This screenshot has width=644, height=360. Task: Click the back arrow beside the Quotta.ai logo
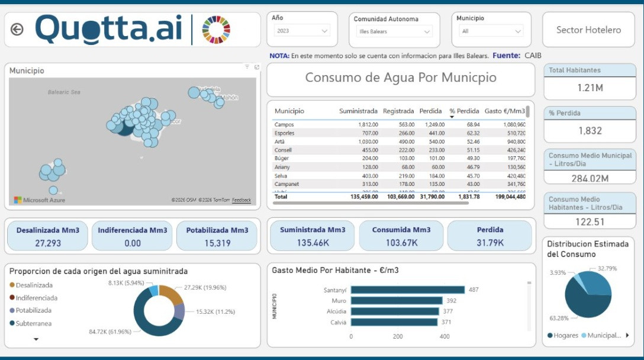pyautogui.click(x=17, y=30)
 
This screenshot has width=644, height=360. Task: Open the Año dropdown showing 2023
pyautogui.click(x=301, y=31)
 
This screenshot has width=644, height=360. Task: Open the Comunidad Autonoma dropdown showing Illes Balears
pyautogui.click(x=395, y=31)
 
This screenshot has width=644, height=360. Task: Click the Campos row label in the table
pyautogui.click(x=284, y=125)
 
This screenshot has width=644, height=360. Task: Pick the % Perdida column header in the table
pyautogui.click(x=464, y=111)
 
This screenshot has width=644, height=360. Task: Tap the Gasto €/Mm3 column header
pyautogui.click(x=505, y=111)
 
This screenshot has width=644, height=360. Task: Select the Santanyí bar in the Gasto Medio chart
pyautogui.click(x=407, y=290)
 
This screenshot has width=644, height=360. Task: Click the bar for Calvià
pyautogui.click(x=394, y=322)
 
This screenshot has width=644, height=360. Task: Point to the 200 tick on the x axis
pyautogui.click(x=398, y=336)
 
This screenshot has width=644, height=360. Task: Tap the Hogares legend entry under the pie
pyautogui.click(x=565, y=336)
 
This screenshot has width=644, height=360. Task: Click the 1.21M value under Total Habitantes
pyautogui.click(x=590, y=88)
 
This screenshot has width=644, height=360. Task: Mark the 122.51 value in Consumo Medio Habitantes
pyautogui.click(x=590, y=222)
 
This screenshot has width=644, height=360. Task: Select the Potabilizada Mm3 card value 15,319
pyautogui.click(x=217, y=243)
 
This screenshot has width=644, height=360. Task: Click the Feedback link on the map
pyautogui.click(x=241, y=200)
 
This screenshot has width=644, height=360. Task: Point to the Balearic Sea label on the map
pyautogui.click(x=64, y=92)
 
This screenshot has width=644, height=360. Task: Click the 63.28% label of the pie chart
pyautogui.click(x=559, y=318)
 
